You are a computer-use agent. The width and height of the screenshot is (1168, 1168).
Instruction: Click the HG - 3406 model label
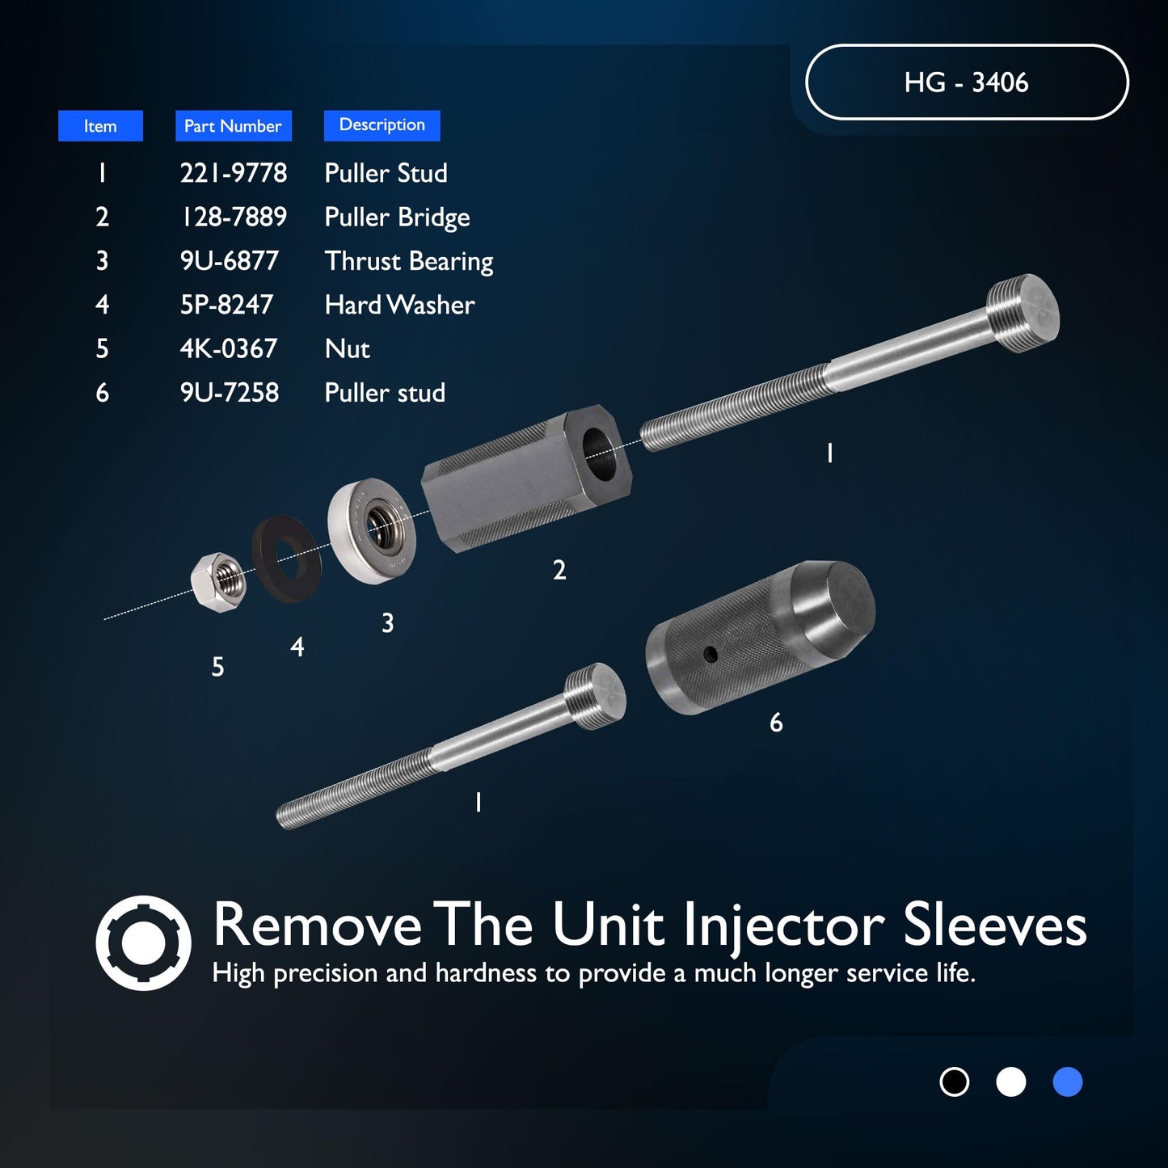click(x=966, y=82)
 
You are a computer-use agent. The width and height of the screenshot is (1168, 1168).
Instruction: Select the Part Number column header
click(x=233, y=126)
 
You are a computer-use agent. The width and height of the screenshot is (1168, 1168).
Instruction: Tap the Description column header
click(x=382, y=125)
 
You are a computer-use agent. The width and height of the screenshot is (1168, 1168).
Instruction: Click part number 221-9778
click(x=233, y=173)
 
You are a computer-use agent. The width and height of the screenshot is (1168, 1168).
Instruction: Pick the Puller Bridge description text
click(x=396, y=217)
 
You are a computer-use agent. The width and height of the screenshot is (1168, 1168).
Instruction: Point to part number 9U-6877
click(x=229, y=261)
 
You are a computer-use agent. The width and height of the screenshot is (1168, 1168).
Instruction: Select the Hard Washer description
click(x=399, y=305)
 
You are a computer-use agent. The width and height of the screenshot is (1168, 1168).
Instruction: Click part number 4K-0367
click(x=228, y=349)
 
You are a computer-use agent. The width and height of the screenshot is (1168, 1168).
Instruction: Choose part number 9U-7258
click(x=229, y=393)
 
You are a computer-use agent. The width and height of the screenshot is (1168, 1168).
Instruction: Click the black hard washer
click(x=287, y=559)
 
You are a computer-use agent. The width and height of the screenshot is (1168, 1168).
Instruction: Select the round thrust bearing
click(x=372, y=530)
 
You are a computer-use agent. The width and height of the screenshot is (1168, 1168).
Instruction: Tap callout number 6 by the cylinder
click(x=776, y=723)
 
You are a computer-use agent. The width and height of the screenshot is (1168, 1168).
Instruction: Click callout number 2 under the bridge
click(x=559, y=571)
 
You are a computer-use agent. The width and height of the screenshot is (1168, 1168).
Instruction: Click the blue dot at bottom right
click(x=1067, y=1082)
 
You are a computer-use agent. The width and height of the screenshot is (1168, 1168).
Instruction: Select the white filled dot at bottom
click(x=1010, y=1082)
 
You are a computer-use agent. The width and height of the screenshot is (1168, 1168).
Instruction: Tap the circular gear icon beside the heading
click(x=143, y=942)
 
